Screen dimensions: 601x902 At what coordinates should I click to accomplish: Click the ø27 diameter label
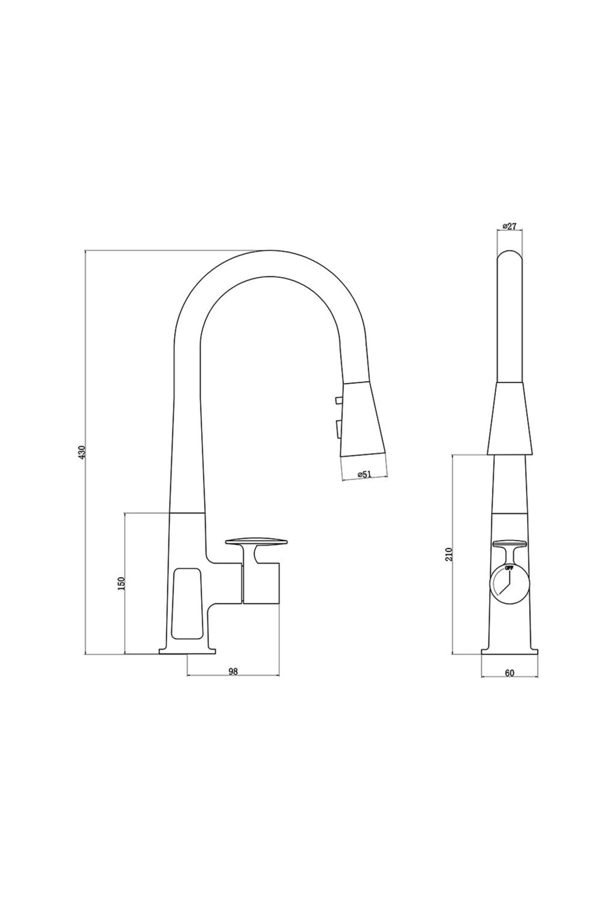pyautogui.click(x=509, y=227)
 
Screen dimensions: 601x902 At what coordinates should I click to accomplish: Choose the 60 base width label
pyautogui.click(x=510, y=672)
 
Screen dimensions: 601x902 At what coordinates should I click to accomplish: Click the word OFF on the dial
pyautogui.click(x=509, y=568)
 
